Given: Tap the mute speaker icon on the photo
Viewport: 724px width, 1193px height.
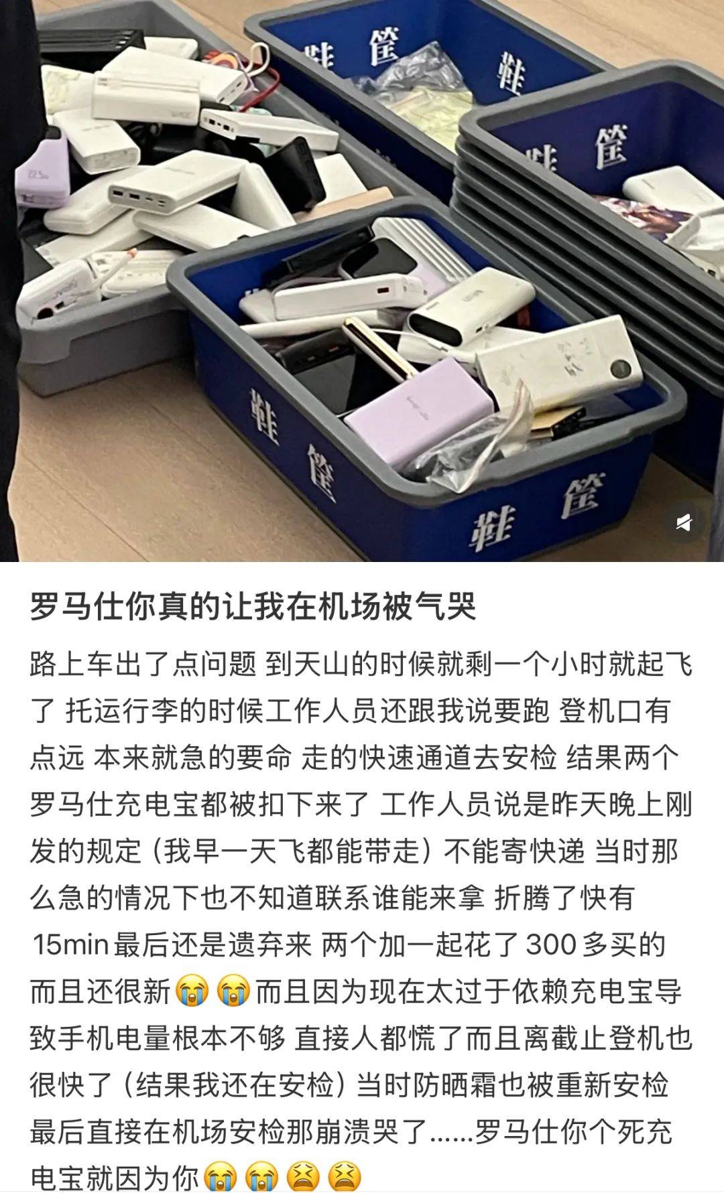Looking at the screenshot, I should click(683, 522).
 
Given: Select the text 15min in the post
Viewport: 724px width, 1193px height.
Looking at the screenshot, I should click(70, 944).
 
